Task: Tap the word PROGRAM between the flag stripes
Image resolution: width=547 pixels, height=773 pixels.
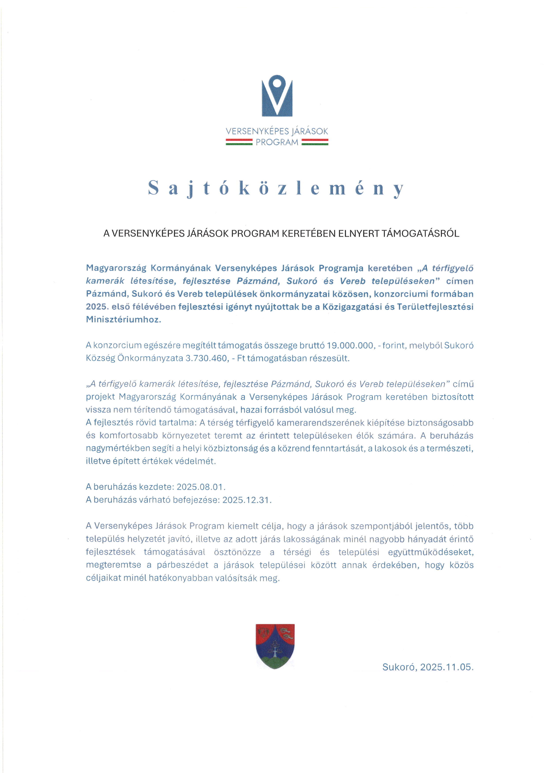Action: point(277,142)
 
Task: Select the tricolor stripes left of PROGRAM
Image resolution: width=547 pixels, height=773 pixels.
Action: point(239,142)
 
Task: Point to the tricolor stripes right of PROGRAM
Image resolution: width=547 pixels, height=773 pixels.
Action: point(315,142)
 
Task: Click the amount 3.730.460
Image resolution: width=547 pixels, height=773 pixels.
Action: point(207,358)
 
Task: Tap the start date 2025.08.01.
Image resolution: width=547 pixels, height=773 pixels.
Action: point(200,487)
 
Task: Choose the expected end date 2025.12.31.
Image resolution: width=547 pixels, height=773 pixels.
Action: point(246,500)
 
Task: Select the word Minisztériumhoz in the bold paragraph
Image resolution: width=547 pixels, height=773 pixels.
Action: point(123,320)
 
